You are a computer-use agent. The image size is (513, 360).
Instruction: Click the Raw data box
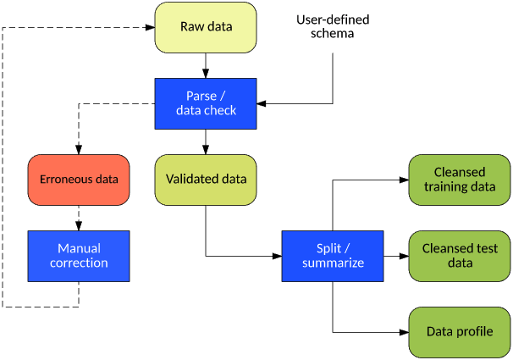(x=206, y=27)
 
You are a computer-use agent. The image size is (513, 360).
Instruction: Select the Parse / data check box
(x=206, y=103)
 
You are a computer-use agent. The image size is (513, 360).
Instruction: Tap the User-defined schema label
(x=333, y=26)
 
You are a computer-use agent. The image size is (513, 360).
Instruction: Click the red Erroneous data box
(x=79, y=180)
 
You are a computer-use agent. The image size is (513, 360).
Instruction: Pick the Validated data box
(x=206, y=180)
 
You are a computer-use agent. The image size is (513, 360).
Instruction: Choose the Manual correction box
(x=79, y=257)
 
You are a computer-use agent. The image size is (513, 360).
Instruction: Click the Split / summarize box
(x=333, y=257)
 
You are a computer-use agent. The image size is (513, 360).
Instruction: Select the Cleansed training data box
(x=460, y=180)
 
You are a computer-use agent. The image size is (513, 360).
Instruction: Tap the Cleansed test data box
(x=460, y=257)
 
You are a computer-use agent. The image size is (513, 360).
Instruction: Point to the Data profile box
(x=460, y=333)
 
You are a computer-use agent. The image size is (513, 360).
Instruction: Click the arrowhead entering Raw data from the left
(x=150, y=27)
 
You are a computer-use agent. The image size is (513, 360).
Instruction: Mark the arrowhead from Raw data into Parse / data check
(x=206, y=74)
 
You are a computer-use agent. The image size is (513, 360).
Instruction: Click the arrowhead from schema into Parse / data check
(x=262, y=103)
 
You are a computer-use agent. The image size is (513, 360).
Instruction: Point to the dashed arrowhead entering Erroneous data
(x=79, y=150)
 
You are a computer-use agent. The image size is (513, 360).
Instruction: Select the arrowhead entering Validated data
(x=206, y=150)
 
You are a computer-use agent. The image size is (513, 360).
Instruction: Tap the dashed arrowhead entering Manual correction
(x=79, y=226)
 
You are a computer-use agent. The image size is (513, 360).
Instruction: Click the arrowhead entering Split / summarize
(x=277, y=257)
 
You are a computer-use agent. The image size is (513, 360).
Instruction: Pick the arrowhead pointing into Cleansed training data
(x=404, y=180)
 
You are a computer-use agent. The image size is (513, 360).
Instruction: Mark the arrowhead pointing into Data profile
(x=404, y=333)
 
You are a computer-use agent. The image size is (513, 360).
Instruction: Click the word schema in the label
(x=332, y=34)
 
